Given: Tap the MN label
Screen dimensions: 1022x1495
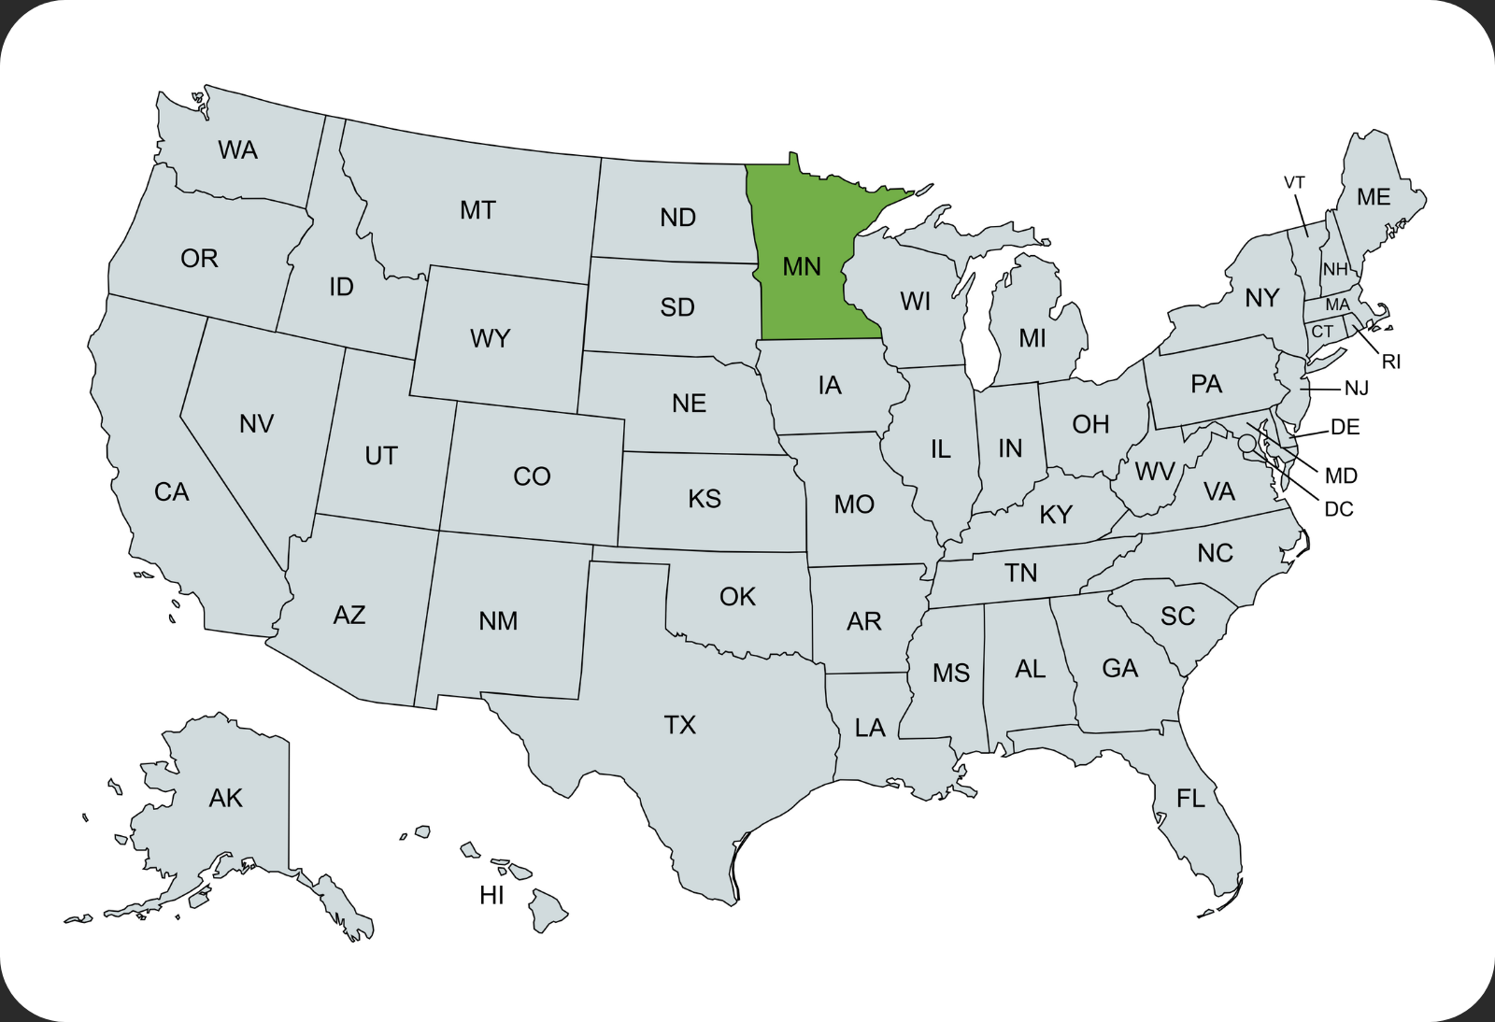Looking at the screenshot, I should pyautogui.click(x=802, y=267).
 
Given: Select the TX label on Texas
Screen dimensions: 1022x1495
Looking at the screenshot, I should pyautogui.click(x=680, y=725).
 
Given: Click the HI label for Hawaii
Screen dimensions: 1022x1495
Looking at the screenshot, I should pyautogui.click(x=491, y=896).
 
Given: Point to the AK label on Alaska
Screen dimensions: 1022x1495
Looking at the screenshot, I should pyautogui.click(x=225, y=798).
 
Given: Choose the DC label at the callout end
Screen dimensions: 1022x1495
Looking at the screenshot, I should pyautogui.click(x=1339, y=509).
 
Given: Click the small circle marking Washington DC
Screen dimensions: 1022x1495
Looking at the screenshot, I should pyautogui.click(x=1246, y=444).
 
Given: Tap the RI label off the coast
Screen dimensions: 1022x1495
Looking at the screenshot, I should pyautogui.click(x=1391, y=362).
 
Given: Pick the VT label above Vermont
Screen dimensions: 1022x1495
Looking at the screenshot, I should pyautogui.click(x=1294, y=183).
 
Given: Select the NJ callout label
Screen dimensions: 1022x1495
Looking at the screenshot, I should pyautogui.click(x=1357, y=388).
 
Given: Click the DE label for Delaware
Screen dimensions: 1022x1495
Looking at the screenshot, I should pyautogui.click(x=1345, y=427).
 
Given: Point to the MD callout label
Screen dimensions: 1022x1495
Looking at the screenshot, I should pyautogui.click(x=1341, y=476).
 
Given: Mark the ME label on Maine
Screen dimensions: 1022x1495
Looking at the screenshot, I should pyautogui.click(x=1374, y=197).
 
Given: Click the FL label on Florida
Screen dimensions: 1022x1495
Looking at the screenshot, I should pyautogui.click(x=1190, y=798).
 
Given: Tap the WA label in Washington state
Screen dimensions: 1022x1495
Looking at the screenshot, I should pyautogui.click(x=237, y=150).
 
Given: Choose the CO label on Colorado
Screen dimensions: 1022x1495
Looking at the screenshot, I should pyautogui.click(x=532, y=476).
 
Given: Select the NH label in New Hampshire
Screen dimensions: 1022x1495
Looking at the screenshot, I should pyautogui.click(x=1335, y=270).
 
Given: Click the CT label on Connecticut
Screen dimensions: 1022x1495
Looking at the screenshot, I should pyautogui.click(x=1322, y=332).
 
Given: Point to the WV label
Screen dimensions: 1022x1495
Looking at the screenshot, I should pyautogui.click(x=1155, y=472).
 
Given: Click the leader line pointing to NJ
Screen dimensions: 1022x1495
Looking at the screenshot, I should pyautogui.click(x=1319, y=389).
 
